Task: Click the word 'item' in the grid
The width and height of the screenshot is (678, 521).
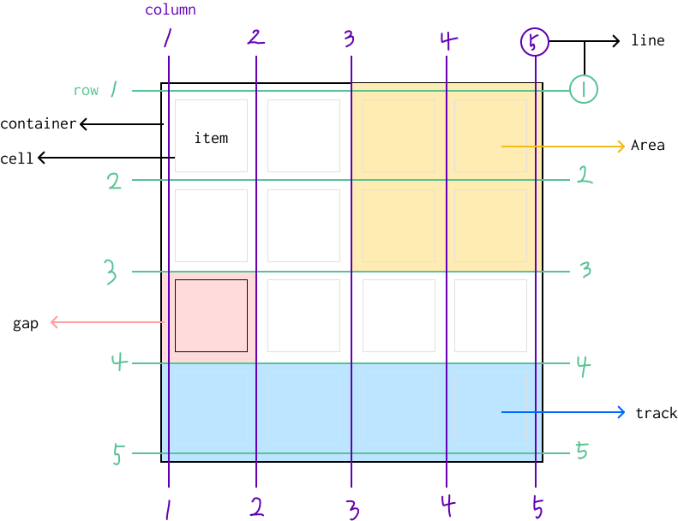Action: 211,138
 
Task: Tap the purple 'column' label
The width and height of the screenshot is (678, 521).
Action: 170,10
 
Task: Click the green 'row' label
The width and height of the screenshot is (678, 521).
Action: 86,90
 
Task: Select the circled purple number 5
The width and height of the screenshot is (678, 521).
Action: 535,42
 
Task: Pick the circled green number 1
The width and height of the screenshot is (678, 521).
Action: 583,89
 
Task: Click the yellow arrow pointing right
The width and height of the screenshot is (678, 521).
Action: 563,147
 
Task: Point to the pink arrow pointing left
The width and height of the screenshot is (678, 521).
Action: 106,322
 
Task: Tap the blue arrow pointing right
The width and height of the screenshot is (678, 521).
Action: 563,413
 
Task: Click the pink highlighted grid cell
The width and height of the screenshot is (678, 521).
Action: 211,315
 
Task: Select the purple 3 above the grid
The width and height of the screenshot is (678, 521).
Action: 349,39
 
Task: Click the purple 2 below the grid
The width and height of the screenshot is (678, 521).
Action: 256,506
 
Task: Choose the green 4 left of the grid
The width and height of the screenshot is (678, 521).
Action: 118,362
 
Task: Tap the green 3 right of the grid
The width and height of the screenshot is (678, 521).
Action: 585,270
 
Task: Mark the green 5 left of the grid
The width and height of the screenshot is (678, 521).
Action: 118,455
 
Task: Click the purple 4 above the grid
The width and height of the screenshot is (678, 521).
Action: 447,40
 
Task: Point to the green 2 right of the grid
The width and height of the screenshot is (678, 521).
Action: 585,177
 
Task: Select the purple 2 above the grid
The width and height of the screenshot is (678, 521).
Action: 255,37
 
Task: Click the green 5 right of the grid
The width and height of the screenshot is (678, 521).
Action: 582,451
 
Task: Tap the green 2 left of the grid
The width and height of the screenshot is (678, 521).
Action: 114,182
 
